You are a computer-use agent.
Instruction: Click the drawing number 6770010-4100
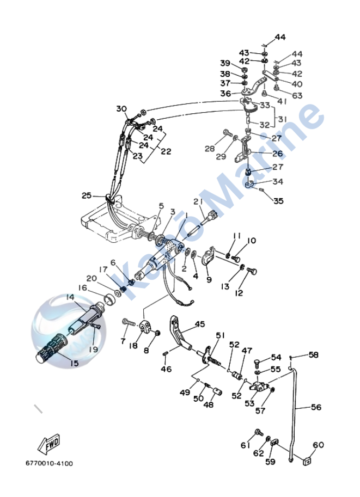[x=49, y=464]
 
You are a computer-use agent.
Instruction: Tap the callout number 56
[x=316, y=407]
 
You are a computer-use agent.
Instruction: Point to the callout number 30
[x=121, y=108]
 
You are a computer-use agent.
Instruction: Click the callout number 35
[x=278, y=201]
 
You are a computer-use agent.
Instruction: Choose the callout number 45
[x=200, y=324]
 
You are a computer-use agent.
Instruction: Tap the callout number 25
[x=86, y=195]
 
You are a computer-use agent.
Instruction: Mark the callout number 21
[x=198, y=201]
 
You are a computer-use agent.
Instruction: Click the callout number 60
[x=318, y=445]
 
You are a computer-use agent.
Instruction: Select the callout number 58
[x=313, y=355]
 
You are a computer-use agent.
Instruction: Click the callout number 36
[x=225, y=93]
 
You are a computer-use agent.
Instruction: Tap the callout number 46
[x=166, y=369]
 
